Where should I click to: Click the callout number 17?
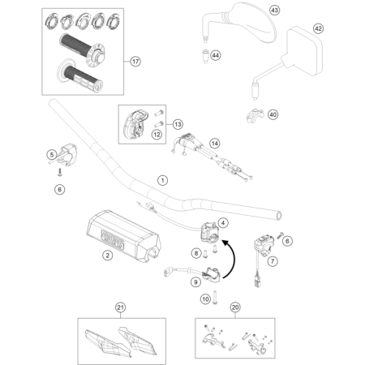135,60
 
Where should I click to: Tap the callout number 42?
318,28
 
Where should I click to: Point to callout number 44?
216,54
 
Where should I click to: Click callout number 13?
177,123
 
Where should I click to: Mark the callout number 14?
215,143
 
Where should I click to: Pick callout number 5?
49,154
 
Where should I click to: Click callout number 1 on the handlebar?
161,179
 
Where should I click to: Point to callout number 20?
236,307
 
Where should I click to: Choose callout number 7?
273,261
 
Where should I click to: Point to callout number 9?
195,282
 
